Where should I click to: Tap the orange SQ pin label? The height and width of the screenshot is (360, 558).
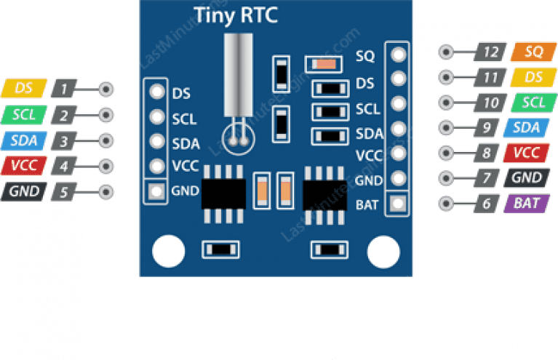(x=533, y=52)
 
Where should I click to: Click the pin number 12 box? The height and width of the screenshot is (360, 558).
(x=492, y=52)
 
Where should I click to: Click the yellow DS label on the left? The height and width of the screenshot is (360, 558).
(x=24, y=89)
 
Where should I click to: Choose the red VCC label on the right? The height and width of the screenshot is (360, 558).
(x=525, y=153)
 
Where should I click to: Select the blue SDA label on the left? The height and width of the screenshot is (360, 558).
(x=24, y=140)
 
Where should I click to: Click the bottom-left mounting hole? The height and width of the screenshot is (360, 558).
(x=168, y=251)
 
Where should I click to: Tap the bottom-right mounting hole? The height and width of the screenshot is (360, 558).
(x=384, y=252)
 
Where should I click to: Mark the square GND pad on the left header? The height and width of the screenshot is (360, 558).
(x=156, y=192)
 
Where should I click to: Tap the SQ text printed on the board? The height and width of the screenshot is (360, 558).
(x=364, y=56)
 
